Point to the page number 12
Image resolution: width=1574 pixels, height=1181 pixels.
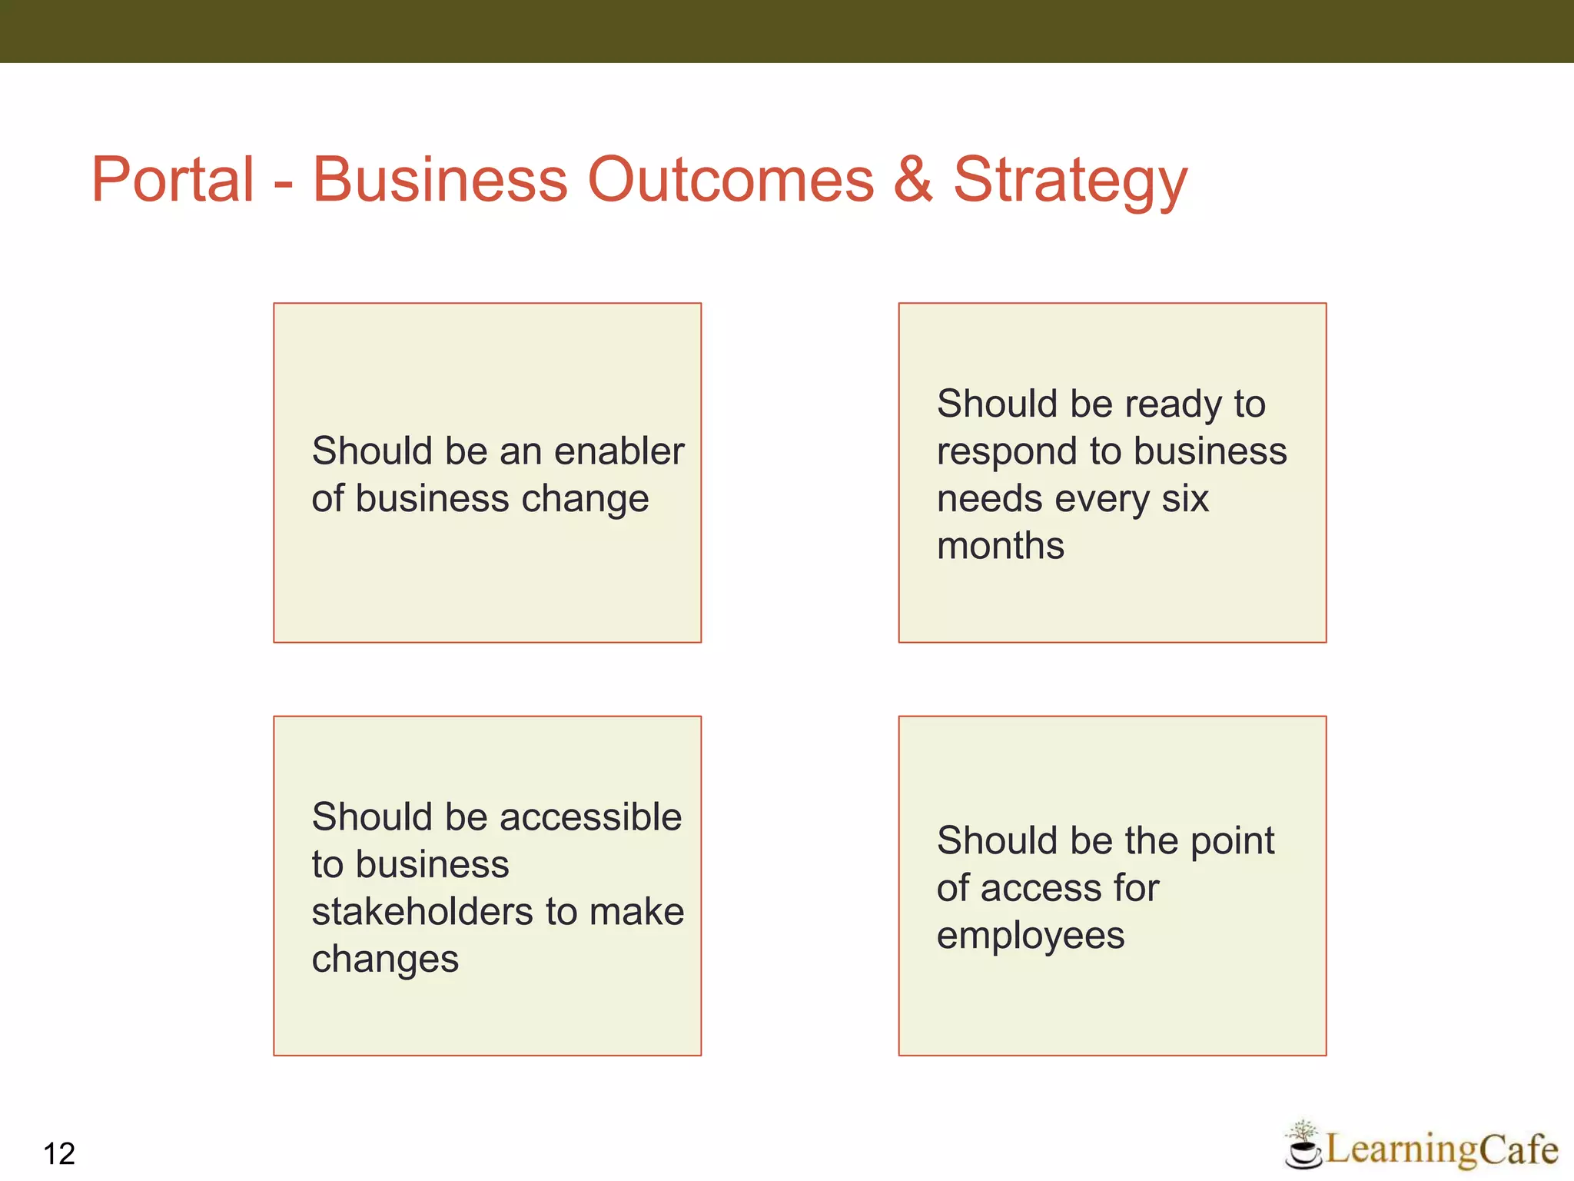coord(59,1154)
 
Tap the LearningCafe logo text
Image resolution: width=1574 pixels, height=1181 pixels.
coord(1442,1149)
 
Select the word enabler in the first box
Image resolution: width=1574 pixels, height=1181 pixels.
coord(619,451)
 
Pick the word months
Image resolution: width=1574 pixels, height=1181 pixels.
coord(1000,546)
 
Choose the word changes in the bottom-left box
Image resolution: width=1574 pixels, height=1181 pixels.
coord(385,960)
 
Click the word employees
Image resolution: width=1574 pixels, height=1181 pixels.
coord(1030,936)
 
